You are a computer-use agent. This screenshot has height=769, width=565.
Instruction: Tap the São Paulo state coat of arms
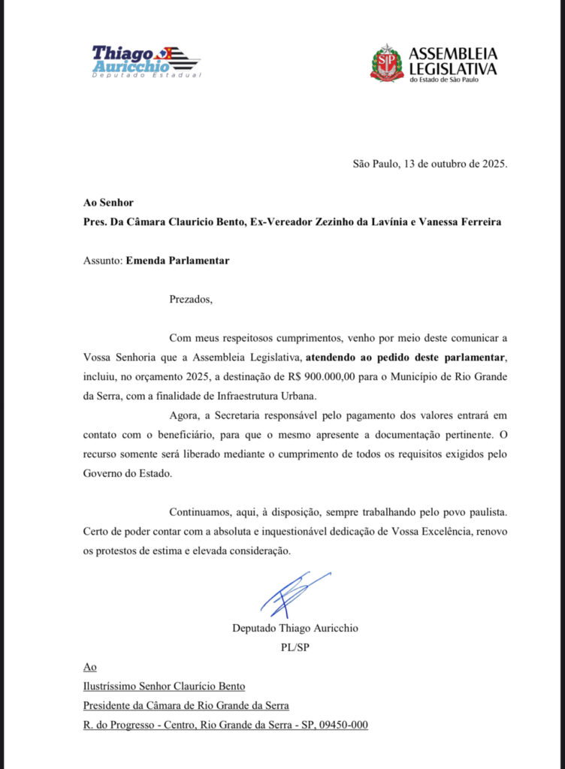[x=386, y=62]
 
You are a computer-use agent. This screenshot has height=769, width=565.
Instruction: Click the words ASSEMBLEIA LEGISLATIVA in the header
[x=452, y=61]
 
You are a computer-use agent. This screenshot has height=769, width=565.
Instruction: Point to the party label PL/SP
[x=285, y=647]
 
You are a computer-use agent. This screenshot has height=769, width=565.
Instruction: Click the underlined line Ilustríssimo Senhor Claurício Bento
[x=165, y=686]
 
